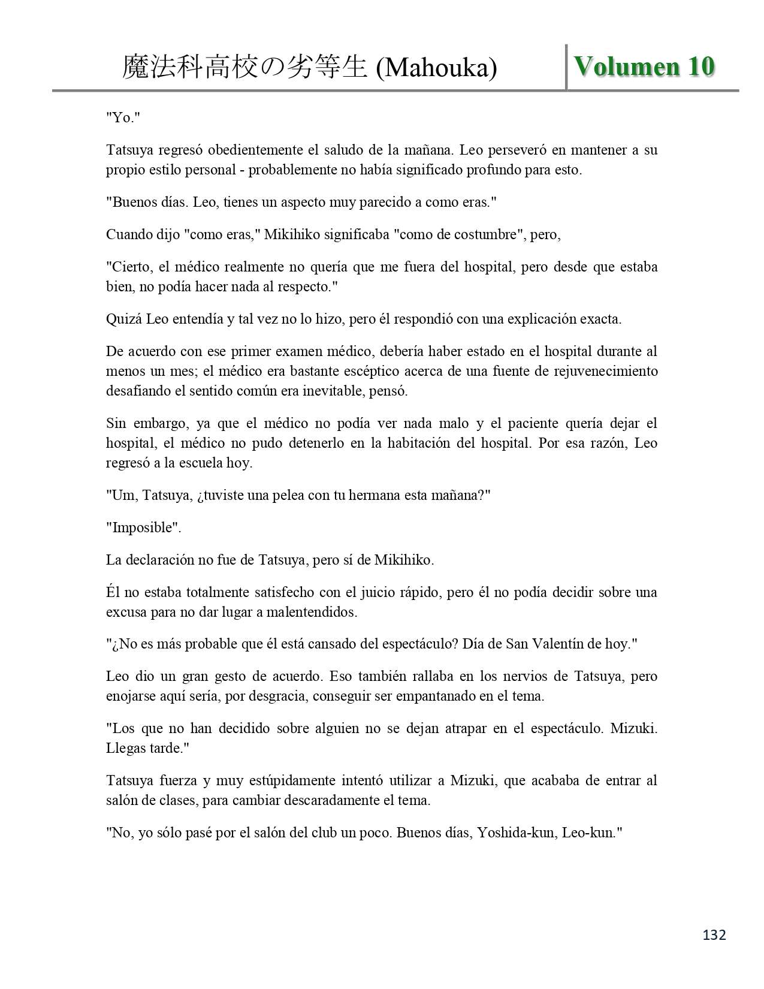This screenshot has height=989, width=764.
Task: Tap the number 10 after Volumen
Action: click(x=700, y=67)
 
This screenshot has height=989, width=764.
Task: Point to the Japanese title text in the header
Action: click(x=244, y=68)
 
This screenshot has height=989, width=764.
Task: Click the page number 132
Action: click(x=714, y=934)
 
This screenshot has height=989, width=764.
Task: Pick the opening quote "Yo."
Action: click(x=123, y=117)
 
